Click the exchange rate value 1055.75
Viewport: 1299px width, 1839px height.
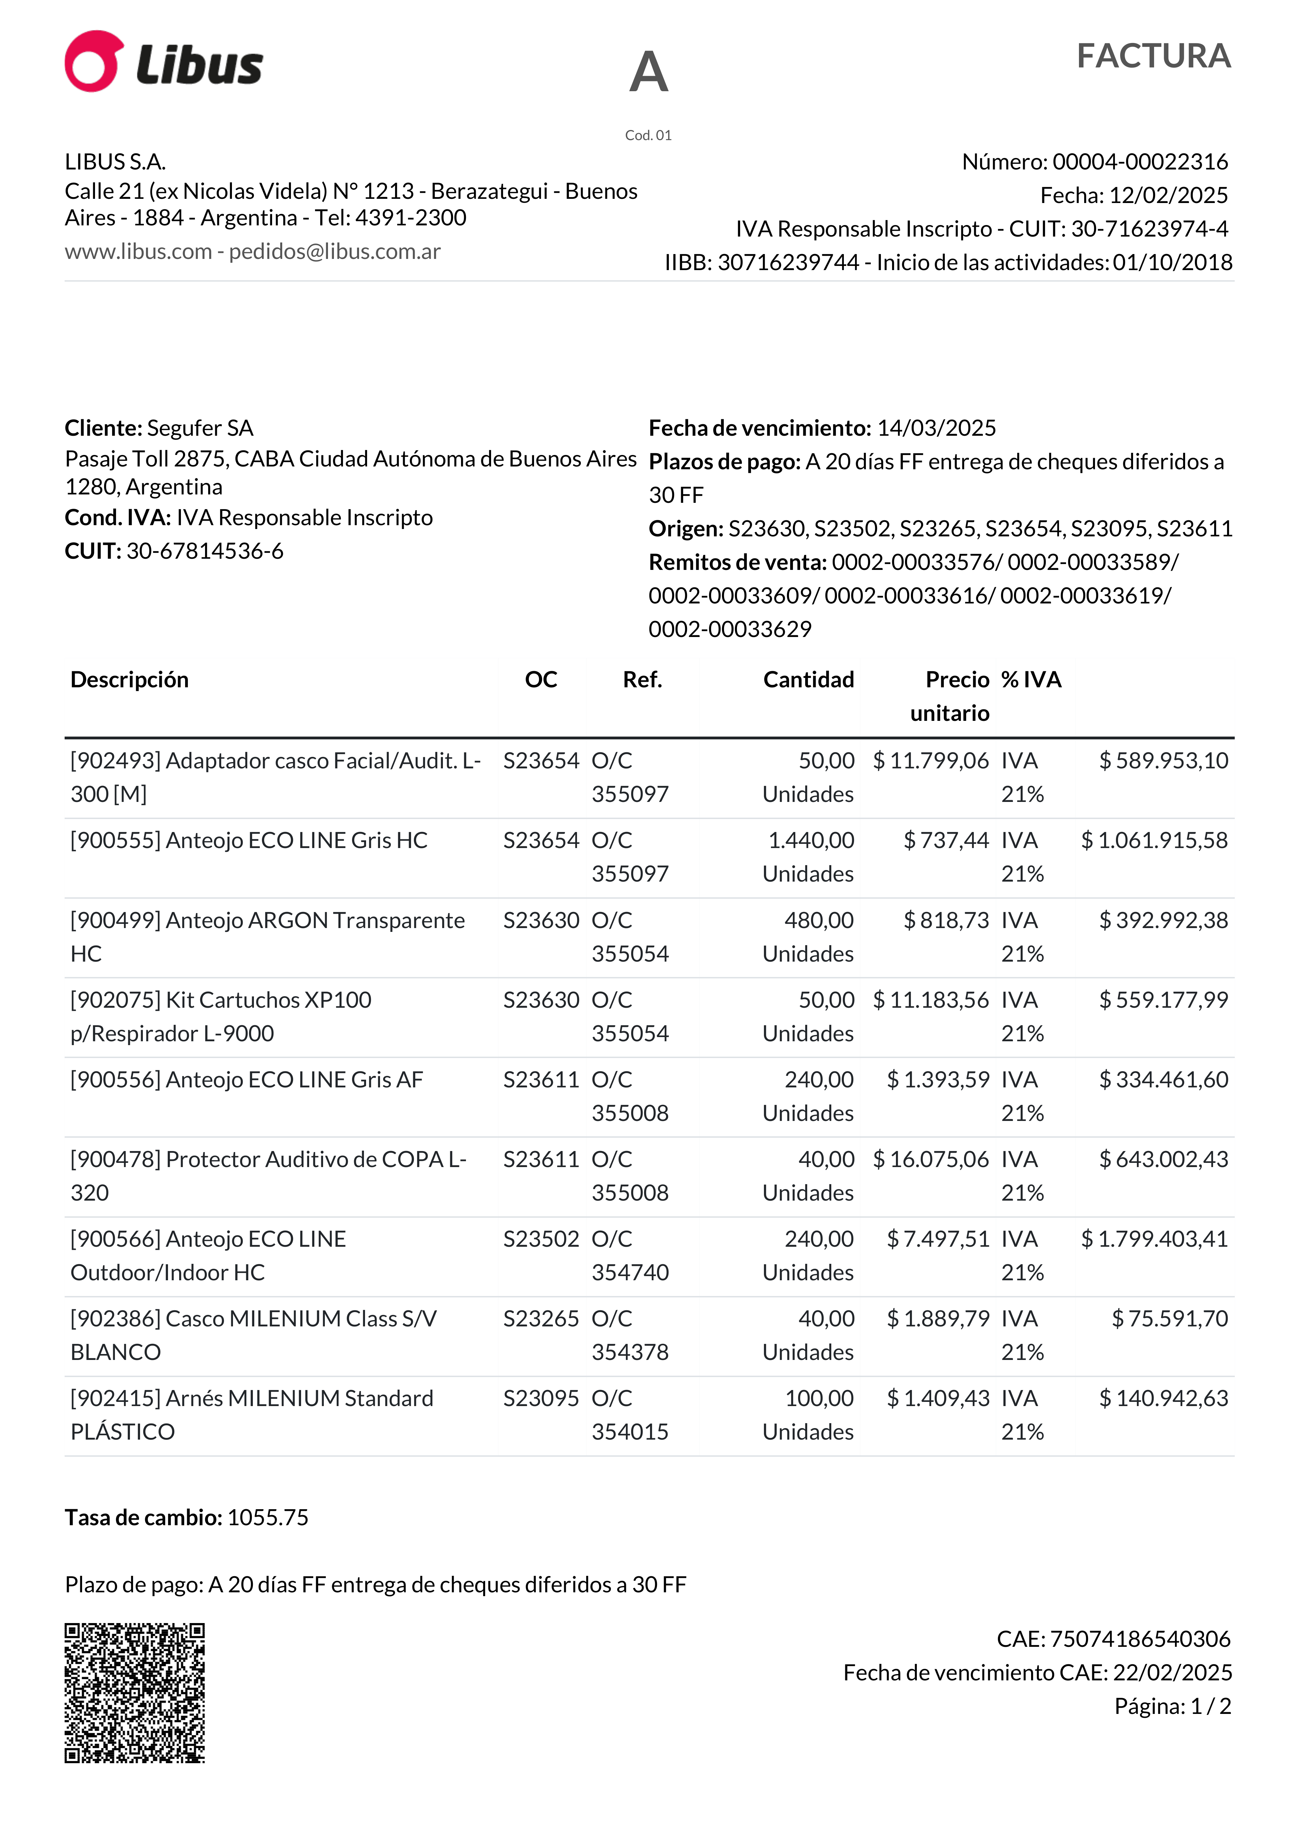click(x=268, y=1518)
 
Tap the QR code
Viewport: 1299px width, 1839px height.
click(x=134, y=1693)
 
